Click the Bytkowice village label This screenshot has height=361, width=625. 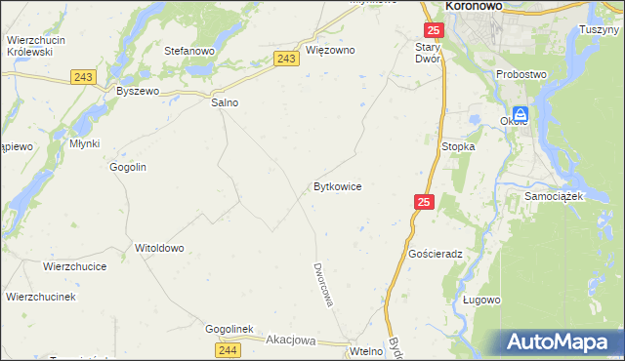click(338, 185)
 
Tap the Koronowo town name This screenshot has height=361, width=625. click(474, 6)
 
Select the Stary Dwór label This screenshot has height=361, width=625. click(429, 53)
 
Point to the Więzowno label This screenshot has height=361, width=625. click(330, 50)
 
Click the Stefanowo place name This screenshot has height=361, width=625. click(189, 50)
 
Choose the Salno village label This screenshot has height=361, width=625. click(225, 102)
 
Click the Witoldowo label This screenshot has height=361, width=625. click(159, 248)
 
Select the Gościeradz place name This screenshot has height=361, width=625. click(436, 253)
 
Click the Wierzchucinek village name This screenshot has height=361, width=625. click(41, 296)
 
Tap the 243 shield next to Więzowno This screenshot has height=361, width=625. click(286, 60)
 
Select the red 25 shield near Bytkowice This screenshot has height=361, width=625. click(423, 202)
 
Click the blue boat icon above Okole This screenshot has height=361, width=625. click(521, 114)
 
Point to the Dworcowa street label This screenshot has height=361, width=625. click(323, 284)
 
